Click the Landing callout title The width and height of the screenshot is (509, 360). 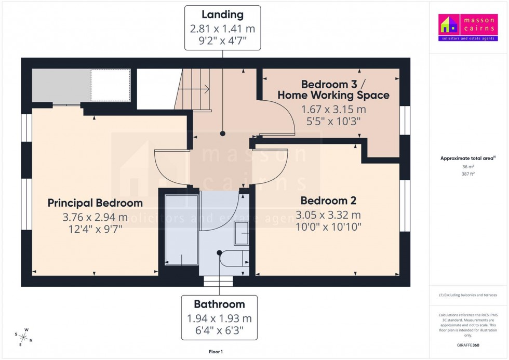[223, 15]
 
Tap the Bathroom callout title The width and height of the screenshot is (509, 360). [219, 304]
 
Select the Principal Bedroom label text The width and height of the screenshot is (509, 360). [95, 203]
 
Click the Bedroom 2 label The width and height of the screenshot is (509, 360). [328, 201]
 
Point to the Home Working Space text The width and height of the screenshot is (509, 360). [333, 95]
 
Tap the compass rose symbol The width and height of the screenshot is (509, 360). [24, 337]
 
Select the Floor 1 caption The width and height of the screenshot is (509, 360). [215, 352]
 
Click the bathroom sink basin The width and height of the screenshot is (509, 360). [242, 233]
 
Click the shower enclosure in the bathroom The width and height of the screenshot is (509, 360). [181, 230]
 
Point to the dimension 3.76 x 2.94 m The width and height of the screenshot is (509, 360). [95, 217]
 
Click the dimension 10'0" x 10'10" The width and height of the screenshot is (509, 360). [328, 227]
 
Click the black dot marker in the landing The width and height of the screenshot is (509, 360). [223, 134]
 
